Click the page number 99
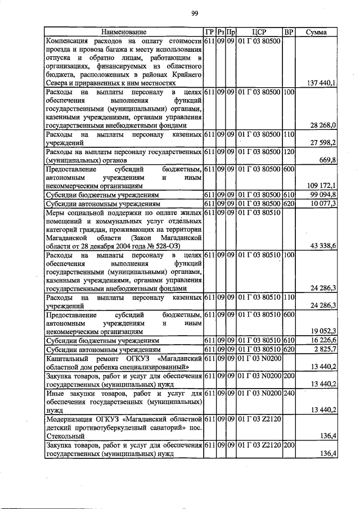195,13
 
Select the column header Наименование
124,33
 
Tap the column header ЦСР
259,33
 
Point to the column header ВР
289,33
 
